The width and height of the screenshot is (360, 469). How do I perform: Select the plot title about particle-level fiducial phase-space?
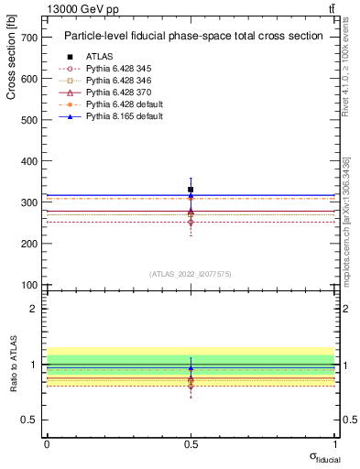click(192, 36)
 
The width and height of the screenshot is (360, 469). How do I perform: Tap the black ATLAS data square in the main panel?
click(191, 190)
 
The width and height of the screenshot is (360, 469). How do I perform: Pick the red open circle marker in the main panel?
click(191, 222)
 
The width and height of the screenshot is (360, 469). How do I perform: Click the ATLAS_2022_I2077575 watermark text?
click(191, 273)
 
